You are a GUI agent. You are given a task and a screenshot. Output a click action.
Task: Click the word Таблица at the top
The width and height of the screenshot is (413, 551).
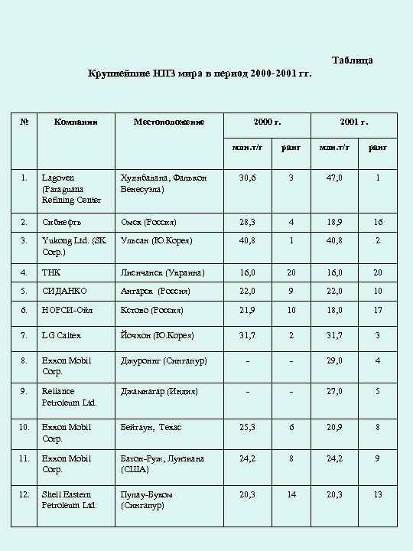point(353,60)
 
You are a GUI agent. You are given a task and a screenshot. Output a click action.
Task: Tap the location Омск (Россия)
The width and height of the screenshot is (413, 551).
point(149,222)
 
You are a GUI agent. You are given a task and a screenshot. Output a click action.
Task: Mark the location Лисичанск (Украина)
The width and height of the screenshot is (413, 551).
point(161,272)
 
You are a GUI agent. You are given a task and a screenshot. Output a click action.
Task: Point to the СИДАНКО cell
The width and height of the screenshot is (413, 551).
point(64,292)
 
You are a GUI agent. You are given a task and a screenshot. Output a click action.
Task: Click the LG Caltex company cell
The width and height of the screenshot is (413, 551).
point(61,335)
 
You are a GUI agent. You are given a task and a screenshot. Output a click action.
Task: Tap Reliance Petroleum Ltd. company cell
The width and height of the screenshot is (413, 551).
point(69,396)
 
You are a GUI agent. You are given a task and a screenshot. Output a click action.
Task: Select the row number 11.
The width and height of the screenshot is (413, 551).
point(24,458)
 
